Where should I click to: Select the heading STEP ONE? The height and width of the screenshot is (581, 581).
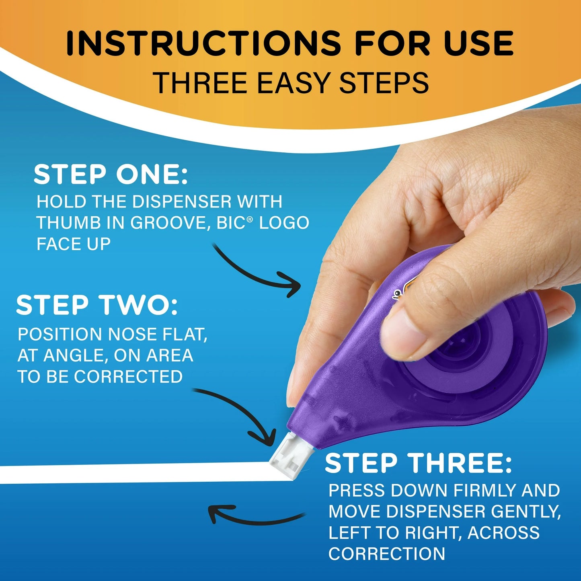(x=111, y=175)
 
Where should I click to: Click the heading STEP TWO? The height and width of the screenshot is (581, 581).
(x=96, y=305)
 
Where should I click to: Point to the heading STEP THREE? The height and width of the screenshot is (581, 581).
(x=418, y=463)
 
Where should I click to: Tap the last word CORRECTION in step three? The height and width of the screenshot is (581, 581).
(x=387, y=554)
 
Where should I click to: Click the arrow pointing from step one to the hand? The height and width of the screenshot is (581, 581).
(x=257, y=271)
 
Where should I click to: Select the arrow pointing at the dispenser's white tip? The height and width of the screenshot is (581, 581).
(x=241, y=414)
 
